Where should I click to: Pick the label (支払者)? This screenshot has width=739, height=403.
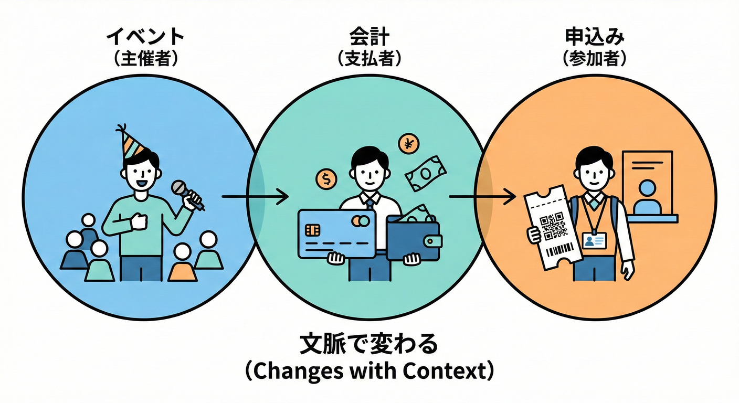(x=369, y=58)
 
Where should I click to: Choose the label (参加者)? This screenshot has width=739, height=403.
(x=595, y=58)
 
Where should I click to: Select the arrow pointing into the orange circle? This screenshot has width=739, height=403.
(x=482, y=197)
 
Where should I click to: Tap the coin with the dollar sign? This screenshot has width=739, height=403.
(x=326, y=179)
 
